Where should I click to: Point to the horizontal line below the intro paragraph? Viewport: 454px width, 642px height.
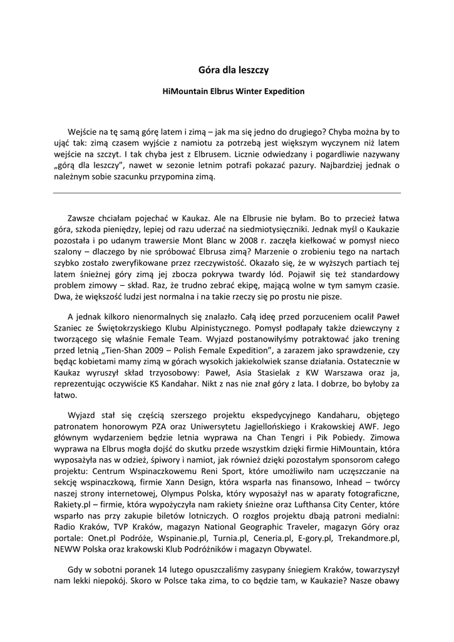pyautogui.click(x=227, y=192)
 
